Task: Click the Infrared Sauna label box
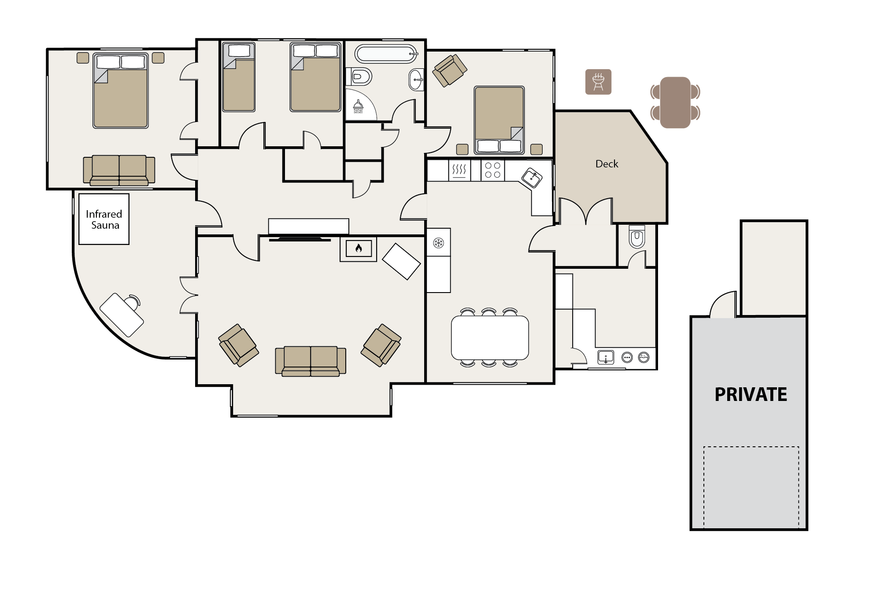[x=104, y=219]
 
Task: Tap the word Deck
[x=607, y=164]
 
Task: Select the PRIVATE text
[x=751, y=394]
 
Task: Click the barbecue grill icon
[x=598, y=82]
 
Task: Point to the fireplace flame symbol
[x=359, y=249]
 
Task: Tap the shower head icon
[x=359, y=107]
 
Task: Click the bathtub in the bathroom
[x=386, y=54]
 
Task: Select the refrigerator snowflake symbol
[x=438, y=243]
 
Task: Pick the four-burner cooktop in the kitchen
[x=492, y=170]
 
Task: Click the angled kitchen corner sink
[x=532, y=178]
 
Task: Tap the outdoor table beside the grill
[x=675, y=103]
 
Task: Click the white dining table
[x=490, y=338]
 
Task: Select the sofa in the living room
[x=311, y=361]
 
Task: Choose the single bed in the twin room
[x=239, y=77]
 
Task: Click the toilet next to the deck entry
[x=637, y=237]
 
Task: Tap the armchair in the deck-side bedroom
[x=449, y=70]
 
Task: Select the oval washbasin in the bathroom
[x=416, y=80]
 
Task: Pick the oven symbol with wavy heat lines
[x=459, y=170]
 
